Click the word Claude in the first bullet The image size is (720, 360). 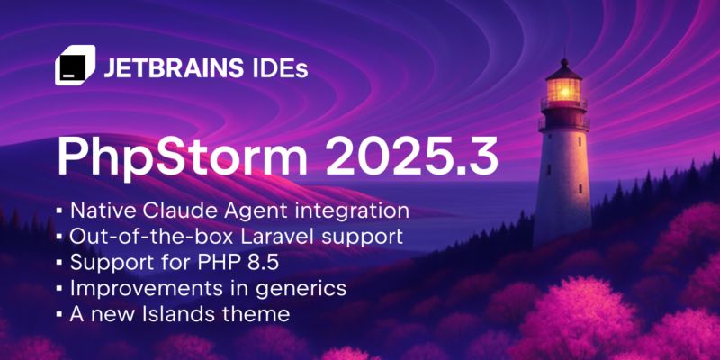pos(178,211)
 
